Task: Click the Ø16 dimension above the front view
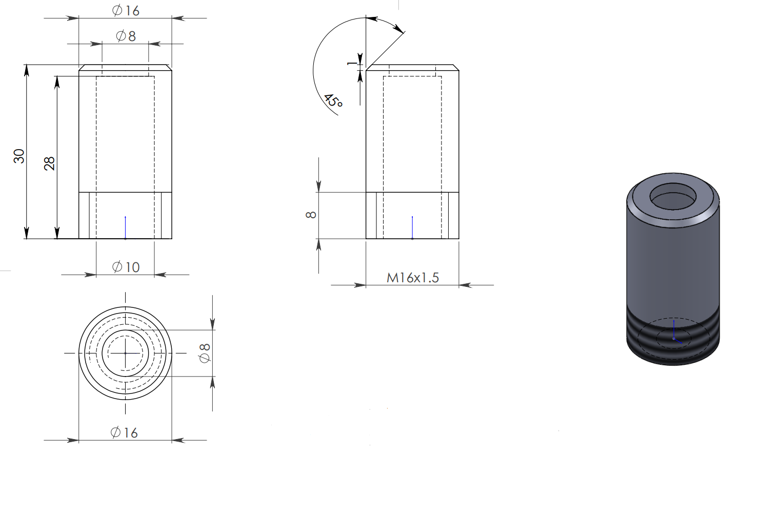point(126,11)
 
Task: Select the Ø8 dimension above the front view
point(126,36)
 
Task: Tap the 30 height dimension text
point(19,156)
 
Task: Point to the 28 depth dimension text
point(49,163)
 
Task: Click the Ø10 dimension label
point(126,267)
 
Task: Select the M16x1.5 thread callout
point(412,278)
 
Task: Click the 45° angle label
point(333,101)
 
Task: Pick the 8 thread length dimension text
point(311,215)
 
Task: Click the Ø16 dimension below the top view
point(125,432)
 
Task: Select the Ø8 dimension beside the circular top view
point(205,353)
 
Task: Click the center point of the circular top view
point(126,353)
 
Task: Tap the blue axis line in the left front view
point(126,227)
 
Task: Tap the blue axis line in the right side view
point(412,227)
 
